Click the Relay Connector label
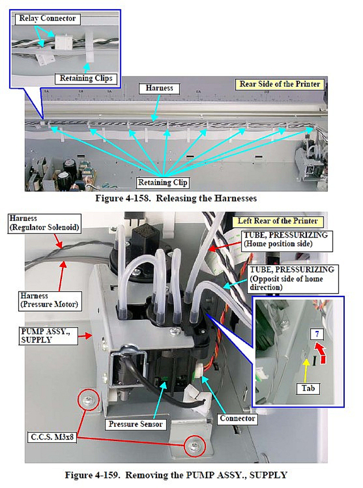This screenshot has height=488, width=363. (47, 19)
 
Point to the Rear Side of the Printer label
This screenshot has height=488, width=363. (280, 84)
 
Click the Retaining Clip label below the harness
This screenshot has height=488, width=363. (163, 183)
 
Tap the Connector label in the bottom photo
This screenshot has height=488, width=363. (238, 419)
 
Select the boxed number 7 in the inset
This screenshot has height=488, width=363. (319, 334)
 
